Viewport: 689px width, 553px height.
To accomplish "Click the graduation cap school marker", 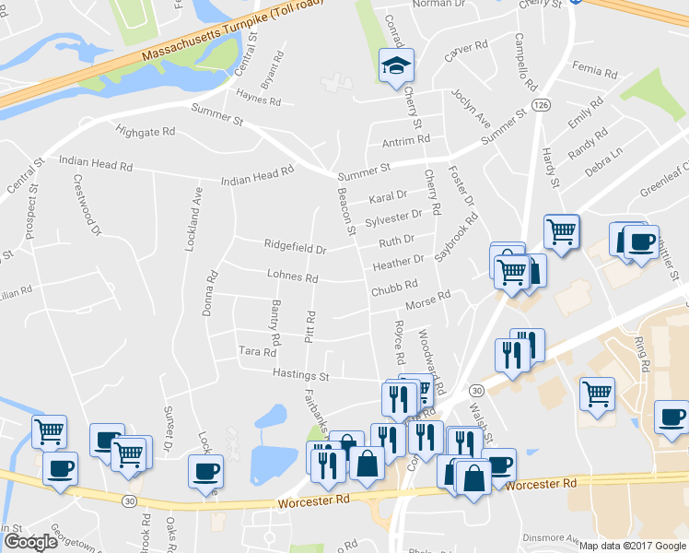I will click(396, 66).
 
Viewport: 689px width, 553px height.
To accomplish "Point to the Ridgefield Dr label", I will click(296, 249).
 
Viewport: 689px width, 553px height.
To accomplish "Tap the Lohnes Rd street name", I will click(292, 276).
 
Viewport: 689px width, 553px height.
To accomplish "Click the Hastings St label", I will click(300, 375).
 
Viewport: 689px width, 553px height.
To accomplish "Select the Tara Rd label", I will click(258, 351).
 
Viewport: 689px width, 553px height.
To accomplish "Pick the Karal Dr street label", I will click(388, 196).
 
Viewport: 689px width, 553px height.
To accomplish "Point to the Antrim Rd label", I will click(406, 139).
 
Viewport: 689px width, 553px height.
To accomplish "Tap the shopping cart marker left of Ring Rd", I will click(597, 394).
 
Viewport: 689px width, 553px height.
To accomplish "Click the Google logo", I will click(30, 542).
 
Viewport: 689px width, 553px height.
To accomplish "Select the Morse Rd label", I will click(429, 300).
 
